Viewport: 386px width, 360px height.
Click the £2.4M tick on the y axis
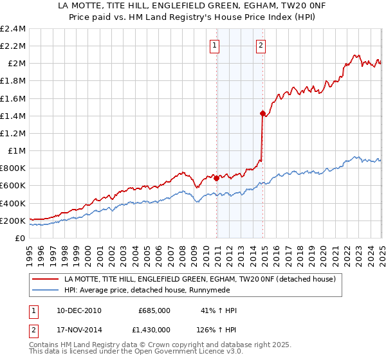click(x=13, y=29)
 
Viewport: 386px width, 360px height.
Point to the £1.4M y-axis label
click(x=13, y=116)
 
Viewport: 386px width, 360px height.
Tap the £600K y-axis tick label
click(x=13, y=186)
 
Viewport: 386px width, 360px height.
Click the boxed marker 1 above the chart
click(x=214, y=46)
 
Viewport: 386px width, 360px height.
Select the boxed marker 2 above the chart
click(x=261, y=46)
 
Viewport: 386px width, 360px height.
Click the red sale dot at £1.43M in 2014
click(x=262, y=114)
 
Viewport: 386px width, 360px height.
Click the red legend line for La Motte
click(x=45, y=280)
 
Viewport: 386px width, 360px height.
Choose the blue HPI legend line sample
click(x=45, y=291)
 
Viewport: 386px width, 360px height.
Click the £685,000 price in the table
click(x=154, y=310)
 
